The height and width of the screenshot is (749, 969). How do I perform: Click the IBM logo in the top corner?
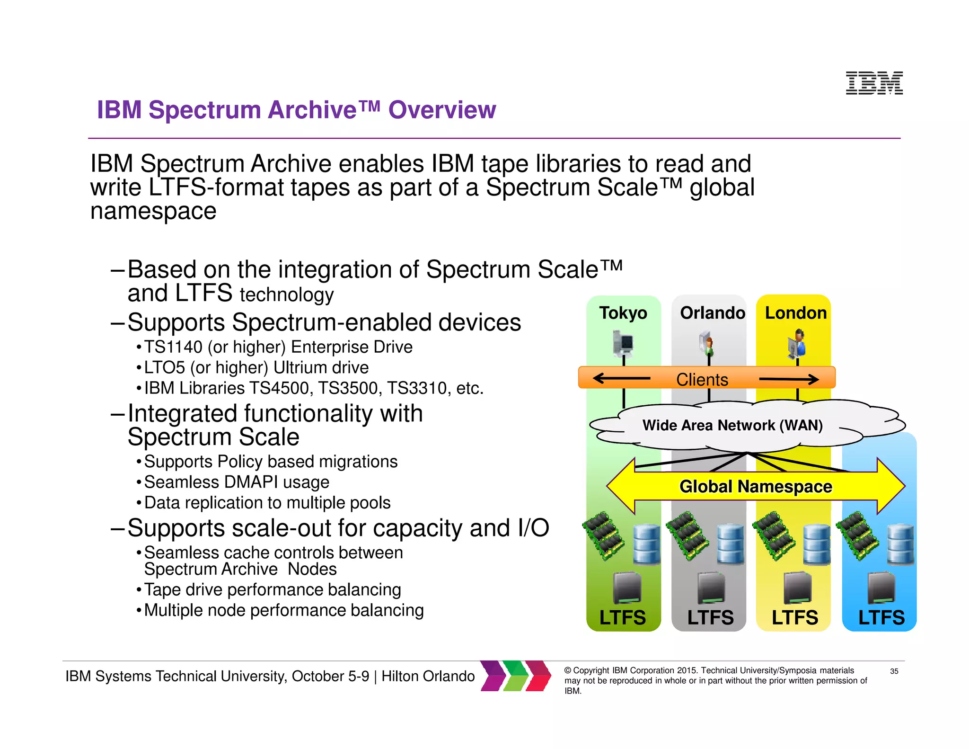874,83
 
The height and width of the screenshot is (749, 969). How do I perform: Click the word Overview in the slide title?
442,110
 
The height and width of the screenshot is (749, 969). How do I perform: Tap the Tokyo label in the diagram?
623,313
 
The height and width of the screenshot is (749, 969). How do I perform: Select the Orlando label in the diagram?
712,313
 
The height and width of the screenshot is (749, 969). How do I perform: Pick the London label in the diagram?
796,313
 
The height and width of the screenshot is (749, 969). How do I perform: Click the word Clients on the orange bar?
702,380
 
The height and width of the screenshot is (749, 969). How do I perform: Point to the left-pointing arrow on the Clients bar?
621,378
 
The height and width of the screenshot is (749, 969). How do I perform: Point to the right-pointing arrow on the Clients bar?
789,379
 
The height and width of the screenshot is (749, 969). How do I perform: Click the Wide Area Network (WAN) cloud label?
732,425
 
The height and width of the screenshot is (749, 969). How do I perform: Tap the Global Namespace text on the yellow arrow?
756,487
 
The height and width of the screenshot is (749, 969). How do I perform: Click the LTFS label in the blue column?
881,617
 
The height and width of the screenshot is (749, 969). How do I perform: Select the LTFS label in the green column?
622,617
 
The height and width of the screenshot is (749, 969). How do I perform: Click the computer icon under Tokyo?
623,343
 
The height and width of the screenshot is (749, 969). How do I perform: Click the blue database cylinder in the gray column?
731,544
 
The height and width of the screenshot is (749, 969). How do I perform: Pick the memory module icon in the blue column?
857,536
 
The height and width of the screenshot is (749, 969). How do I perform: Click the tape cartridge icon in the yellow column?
797,588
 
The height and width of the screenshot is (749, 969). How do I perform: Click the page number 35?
894,671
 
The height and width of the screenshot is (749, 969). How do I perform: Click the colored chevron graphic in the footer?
516,676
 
